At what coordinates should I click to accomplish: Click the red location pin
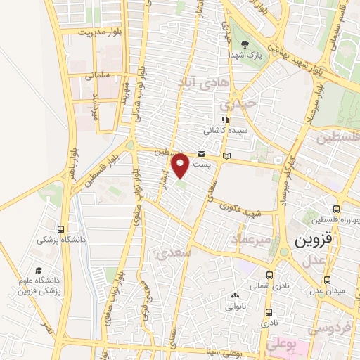point(181,165)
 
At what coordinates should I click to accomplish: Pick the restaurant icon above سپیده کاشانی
point(225,120)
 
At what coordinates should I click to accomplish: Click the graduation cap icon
point(39,271)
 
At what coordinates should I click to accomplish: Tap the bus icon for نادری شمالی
point(269,276)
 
